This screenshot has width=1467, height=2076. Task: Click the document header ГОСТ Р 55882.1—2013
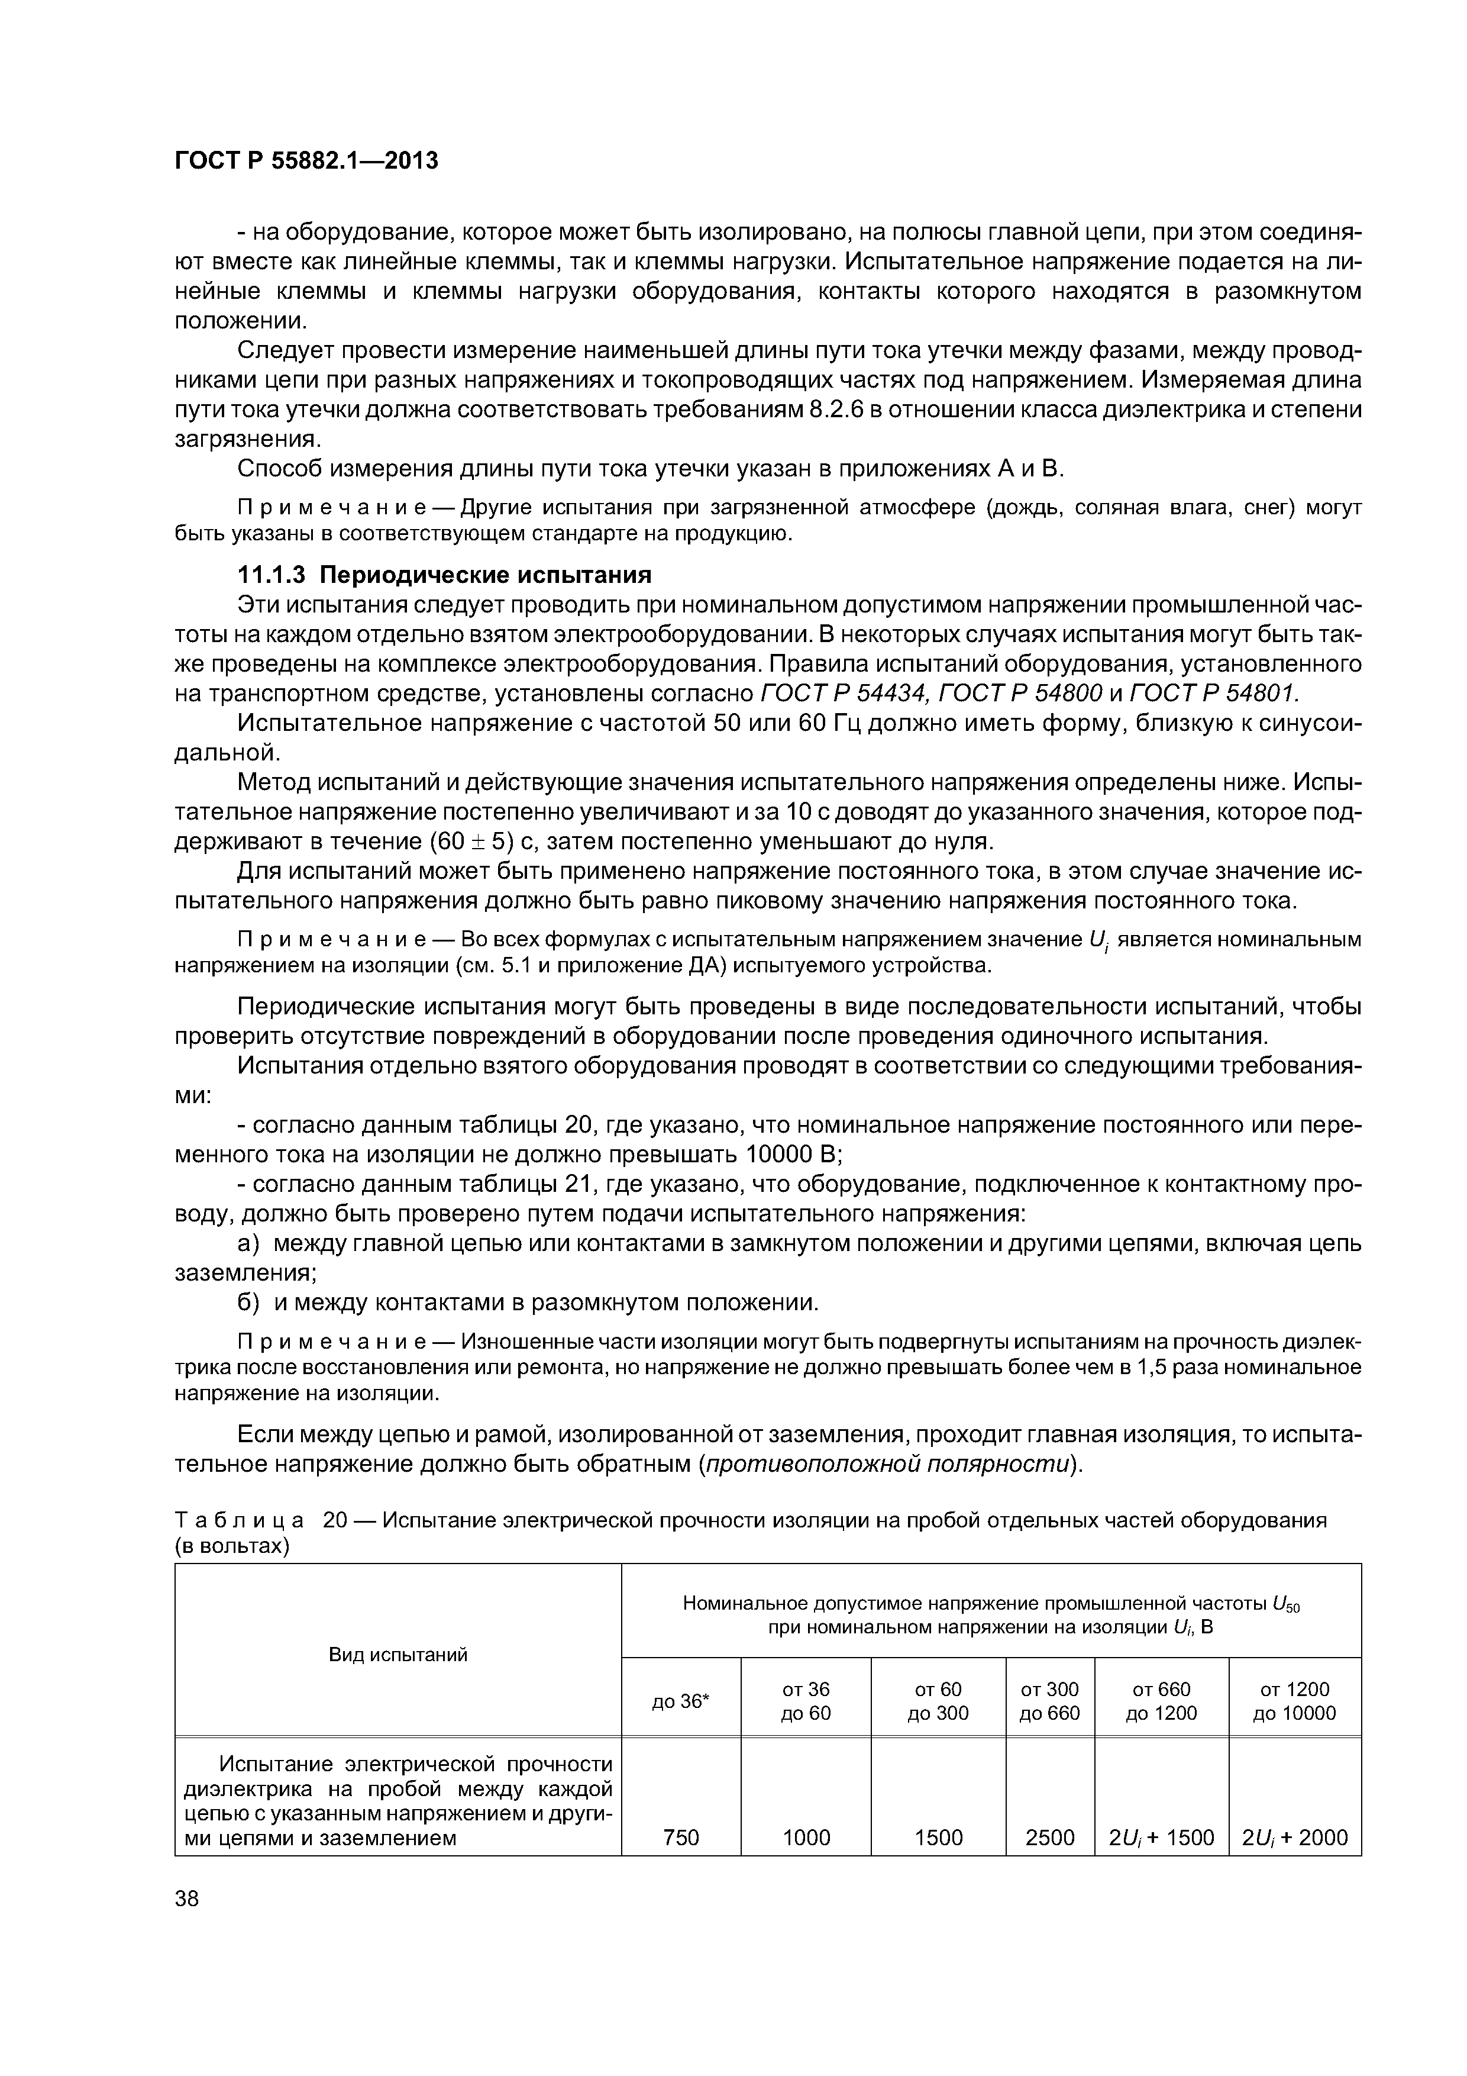pyautogui.click(x=305, y=161)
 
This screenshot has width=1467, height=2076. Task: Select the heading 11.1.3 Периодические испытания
pyautogui.click(x=444, y=575)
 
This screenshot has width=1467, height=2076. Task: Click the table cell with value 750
pyautogui.click(x=681, y=1838)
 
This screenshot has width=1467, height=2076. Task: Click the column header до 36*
pyautogui.click(x=681, y=1701)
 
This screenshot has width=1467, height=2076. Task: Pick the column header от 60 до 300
pyautogui.click(x=938, y=1701)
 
